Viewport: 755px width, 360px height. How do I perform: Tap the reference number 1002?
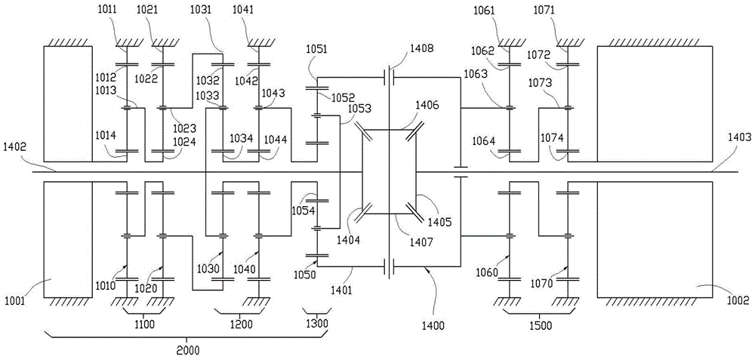coord(738,300)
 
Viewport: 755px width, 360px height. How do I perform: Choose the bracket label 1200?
coord(242,325)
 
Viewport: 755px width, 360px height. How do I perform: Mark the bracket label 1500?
coord(541,326)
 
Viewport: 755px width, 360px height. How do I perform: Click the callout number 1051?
coord(316,48)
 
